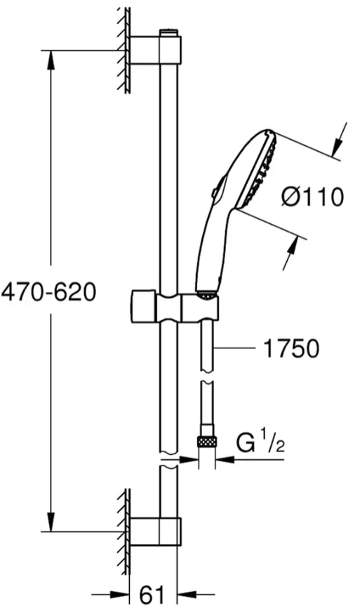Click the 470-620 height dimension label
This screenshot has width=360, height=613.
48,291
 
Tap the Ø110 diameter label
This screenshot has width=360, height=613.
312,197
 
